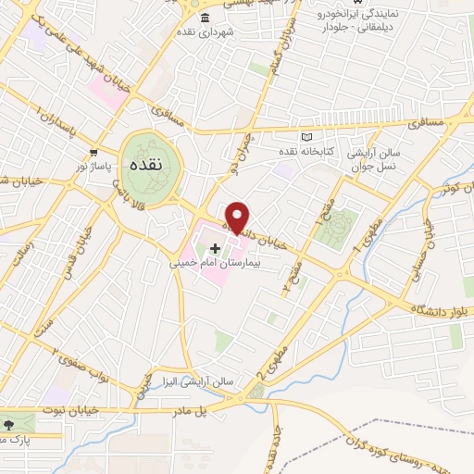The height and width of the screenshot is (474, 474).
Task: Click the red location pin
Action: click(238, 216)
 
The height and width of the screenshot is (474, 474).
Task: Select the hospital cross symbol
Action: click(217, 248)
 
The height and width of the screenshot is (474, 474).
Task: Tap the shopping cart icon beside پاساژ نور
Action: click(92, 153)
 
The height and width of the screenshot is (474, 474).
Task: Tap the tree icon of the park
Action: click(9, 424)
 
